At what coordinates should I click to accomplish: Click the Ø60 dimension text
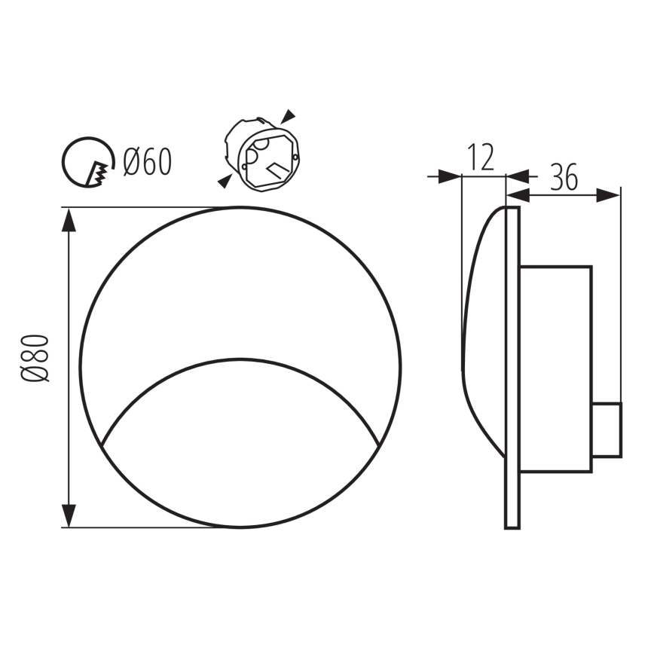pyautogui.click(x=147, y=162)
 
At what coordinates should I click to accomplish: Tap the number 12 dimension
pyautogui.click(x=480, y=158)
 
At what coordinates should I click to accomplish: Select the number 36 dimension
pyautogui.click(x=564, y=177)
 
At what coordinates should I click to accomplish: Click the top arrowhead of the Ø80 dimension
pyautogui.click(x=69, y=220)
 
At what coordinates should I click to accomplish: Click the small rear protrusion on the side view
pyautogui.click(x=607, y=430)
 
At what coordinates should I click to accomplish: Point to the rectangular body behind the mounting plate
pyautogui.click(x=556, y=368)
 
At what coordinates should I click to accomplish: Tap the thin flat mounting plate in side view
pyautogui.click(x=512, y=367)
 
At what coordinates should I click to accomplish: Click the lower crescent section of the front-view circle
pyautogui.click(x=241, y=452)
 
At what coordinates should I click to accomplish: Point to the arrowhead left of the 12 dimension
pyautogui.click(x=450, y=176)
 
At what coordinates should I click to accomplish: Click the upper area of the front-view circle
pyautogui.click(x=241, y=279)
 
